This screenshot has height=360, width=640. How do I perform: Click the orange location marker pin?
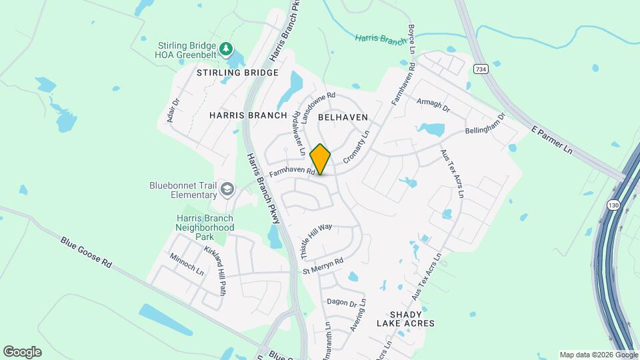(x=320, y=159)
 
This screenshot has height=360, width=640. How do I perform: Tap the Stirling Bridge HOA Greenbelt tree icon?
(x=227, y=49)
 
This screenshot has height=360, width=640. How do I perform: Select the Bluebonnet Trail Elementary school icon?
(x=227, y=190)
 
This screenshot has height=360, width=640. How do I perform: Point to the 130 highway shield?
(x=613, y=205)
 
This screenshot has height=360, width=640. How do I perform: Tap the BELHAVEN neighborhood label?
(x=343, y=117)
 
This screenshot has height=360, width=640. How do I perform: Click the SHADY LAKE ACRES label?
(x=405, y=319)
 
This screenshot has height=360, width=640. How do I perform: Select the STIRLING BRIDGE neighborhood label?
(x=237, y=72)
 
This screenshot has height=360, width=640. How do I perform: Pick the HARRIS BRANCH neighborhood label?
(x=248, y=115)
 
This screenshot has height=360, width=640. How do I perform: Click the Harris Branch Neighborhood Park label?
(x=205, y=227)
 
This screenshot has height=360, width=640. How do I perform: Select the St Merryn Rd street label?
(x=323, y=265)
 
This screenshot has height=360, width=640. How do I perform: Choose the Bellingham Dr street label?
(x=485, y=122)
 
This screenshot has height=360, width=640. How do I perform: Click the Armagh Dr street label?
(x=433, y=105)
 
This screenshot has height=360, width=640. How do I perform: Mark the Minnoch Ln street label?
(x=187, y=264)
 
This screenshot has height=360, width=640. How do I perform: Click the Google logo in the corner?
(x=22, y=352)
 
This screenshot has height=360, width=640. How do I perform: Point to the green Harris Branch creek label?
(x=381, y=40)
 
